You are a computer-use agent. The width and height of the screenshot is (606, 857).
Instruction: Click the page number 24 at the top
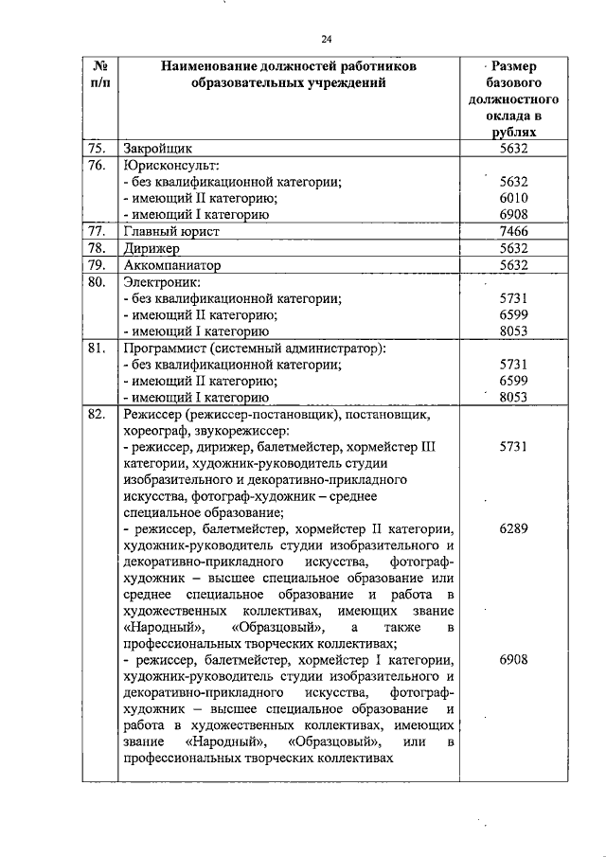coord(326,39)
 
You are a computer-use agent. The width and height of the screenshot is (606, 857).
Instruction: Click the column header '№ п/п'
coord(98,75)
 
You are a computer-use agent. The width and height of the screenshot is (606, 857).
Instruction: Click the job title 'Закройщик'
coord(158,149)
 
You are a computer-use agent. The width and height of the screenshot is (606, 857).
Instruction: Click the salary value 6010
coord(514,198)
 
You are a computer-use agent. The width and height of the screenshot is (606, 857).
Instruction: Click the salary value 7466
coord(514,231)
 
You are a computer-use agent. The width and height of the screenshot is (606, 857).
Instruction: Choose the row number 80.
coord(96,281)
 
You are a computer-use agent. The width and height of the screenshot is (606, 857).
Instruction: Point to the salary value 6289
coord(514,530)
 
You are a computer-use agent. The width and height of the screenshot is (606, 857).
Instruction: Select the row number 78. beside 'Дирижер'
coord(96,248)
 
